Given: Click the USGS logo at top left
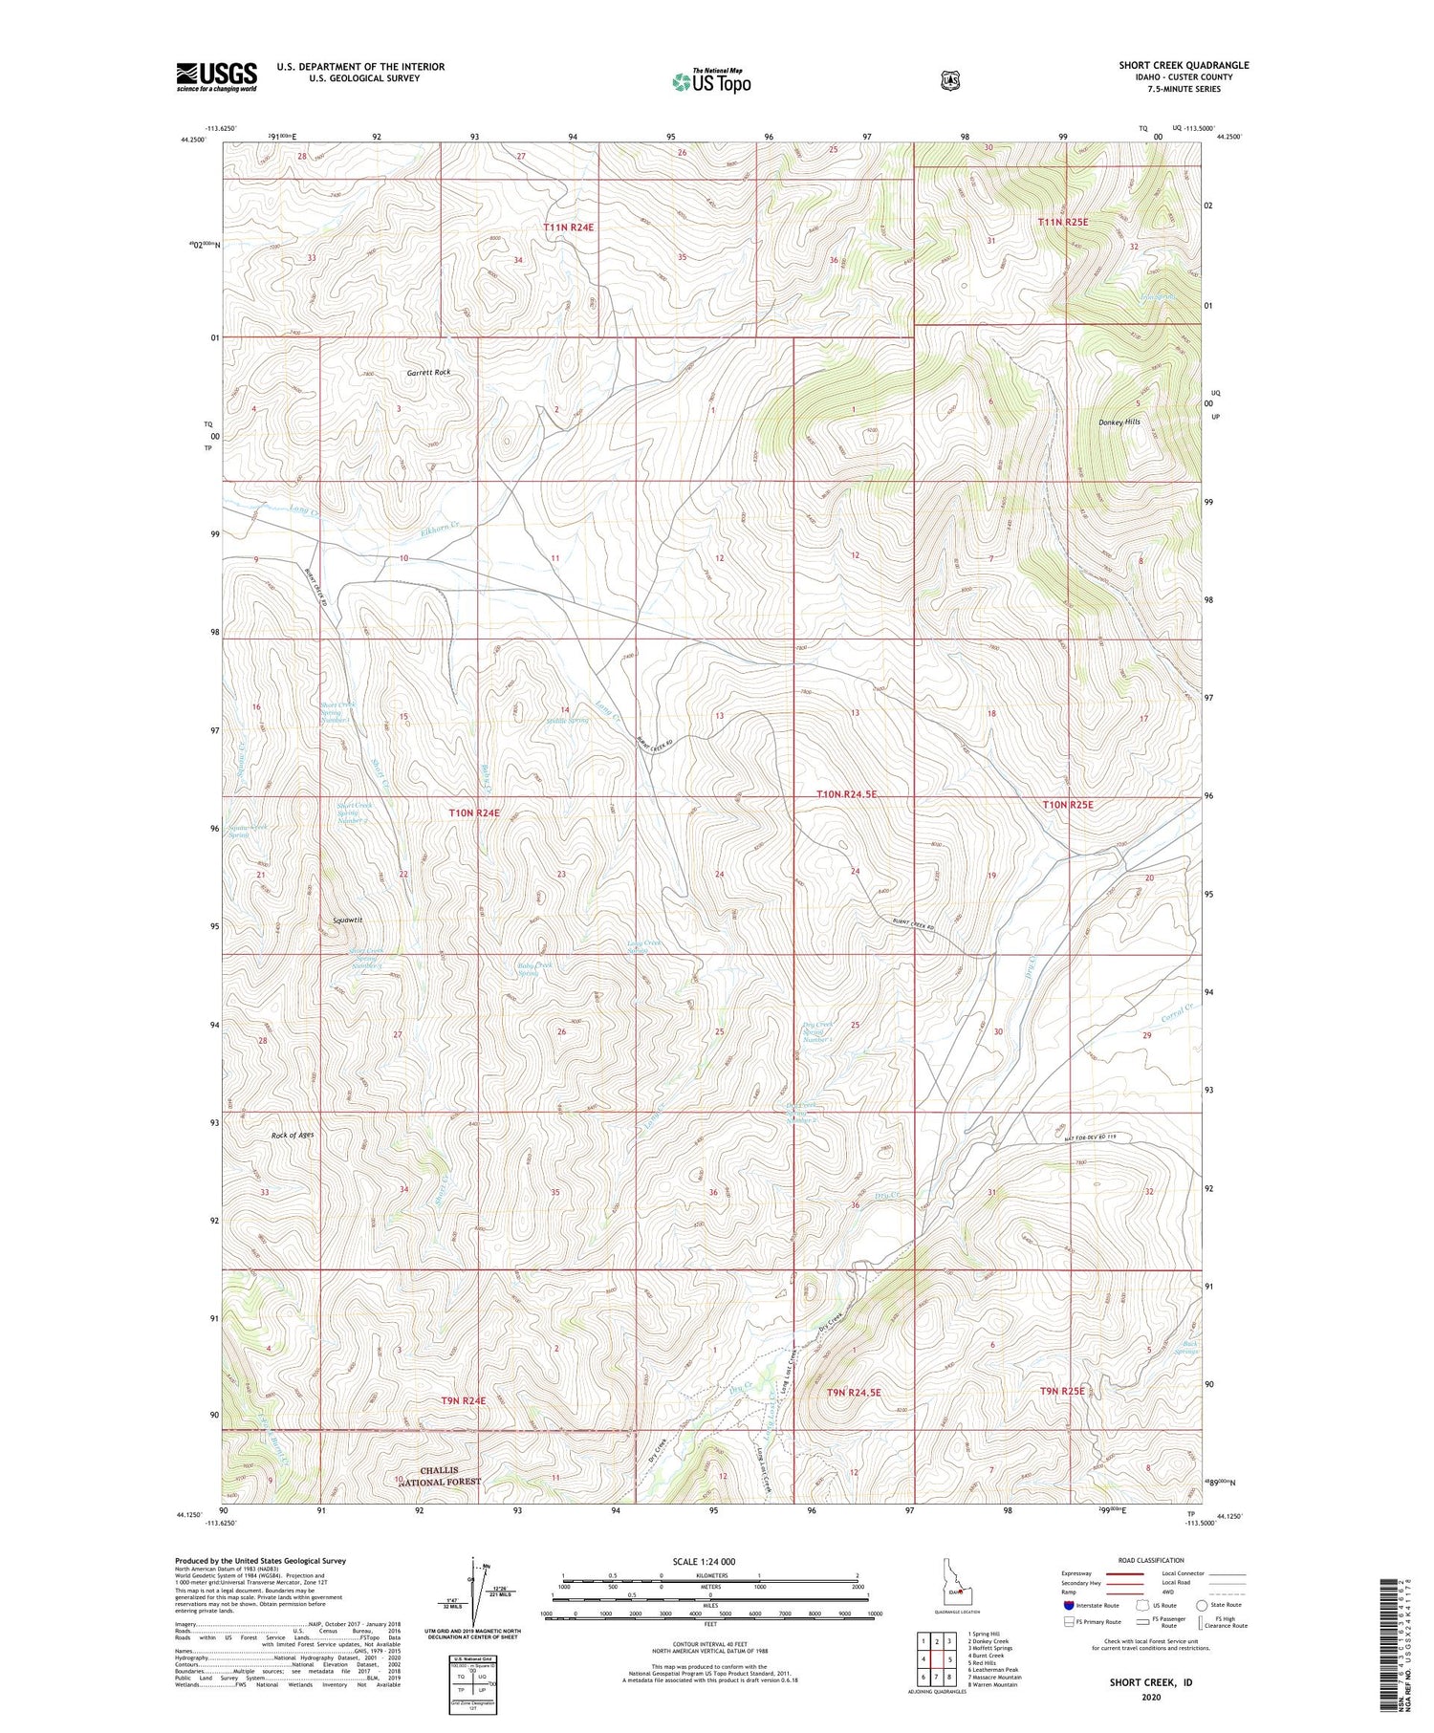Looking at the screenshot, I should [x=216, y=76].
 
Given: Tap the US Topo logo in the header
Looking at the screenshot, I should [x=711, y=81].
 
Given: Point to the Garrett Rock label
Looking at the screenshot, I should [x=427, y=373].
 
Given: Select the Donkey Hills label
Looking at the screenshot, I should [x=1119, y=422].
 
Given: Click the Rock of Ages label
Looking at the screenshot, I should [x=293, y=1135].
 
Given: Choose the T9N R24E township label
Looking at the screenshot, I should [x=464, y=1400].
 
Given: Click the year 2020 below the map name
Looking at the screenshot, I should [x=1150, y=1698].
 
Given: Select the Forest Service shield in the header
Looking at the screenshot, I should [x=949, y=81].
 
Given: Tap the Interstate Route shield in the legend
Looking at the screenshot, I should [x=1069, y=1606].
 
